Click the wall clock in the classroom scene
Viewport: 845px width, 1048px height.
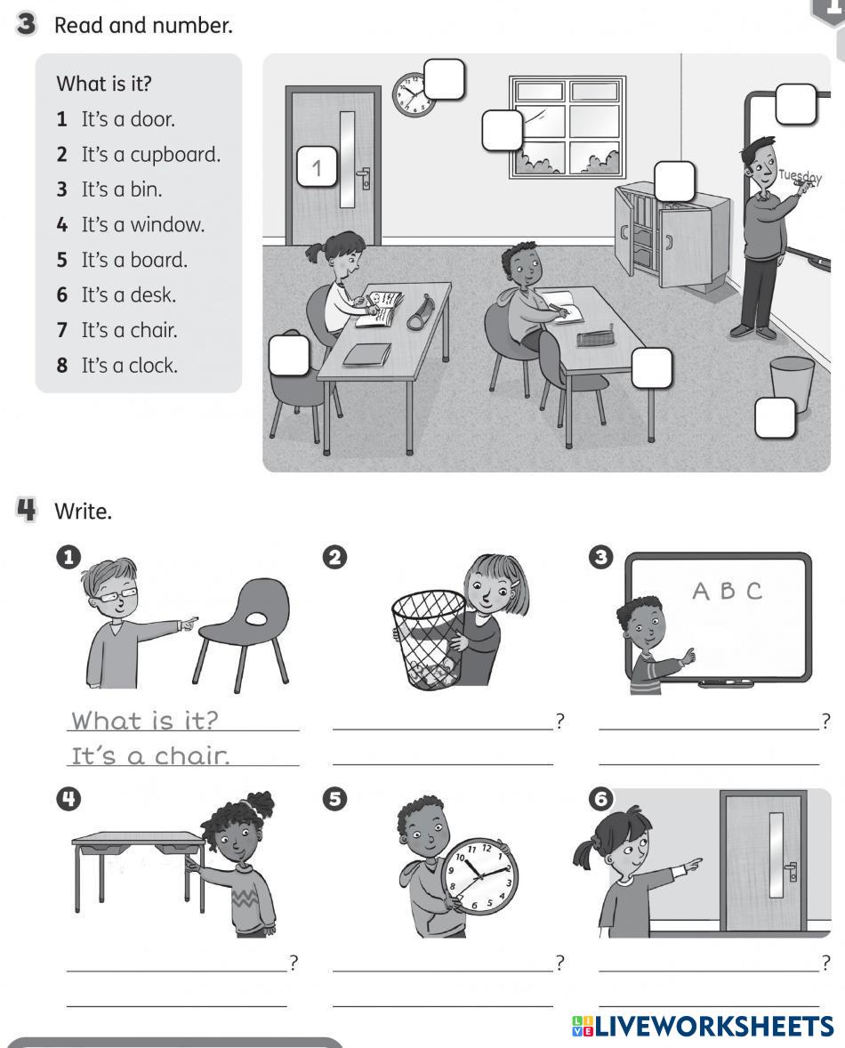414,95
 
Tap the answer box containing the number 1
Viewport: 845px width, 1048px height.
317,166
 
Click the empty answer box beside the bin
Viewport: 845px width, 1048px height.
775,418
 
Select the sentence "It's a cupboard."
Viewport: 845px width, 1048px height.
150,155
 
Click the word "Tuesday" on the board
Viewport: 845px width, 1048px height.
801,176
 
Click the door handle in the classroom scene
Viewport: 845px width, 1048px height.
364,178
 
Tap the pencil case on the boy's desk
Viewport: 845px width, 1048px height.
596,335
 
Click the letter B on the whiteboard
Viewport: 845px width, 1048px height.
728,591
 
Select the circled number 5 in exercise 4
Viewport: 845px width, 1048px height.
334,799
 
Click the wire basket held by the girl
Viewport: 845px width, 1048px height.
428,638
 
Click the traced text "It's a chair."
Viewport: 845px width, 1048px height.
150,756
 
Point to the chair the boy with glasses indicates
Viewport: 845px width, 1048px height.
244,628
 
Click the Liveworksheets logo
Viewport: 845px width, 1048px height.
702,1026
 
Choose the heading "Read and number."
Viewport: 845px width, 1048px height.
143,26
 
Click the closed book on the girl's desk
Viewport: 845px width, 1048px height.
366,355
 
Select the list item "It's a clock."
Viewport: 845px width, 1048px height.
130,366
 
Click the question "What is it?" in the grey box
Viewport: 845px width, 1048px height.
104,84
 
